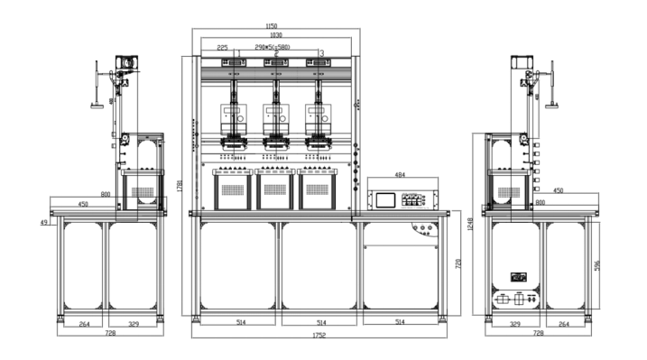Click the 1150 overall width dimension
[x=272, y=25]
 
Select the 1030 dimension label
[x=274, y=35]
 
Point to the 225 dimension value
[x=222, y=47]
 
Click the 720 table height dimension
[x=458, y=263]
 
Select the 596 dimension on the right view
[x=596, y=264]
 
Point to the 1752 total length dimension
[x=319, y=336]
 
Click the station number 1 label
[x=237, y=53]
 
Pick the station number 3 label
[x=322, y=53]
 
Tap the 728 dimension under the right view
[x=539, y=333]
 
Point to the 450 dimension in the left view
[x=83, y=204]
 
